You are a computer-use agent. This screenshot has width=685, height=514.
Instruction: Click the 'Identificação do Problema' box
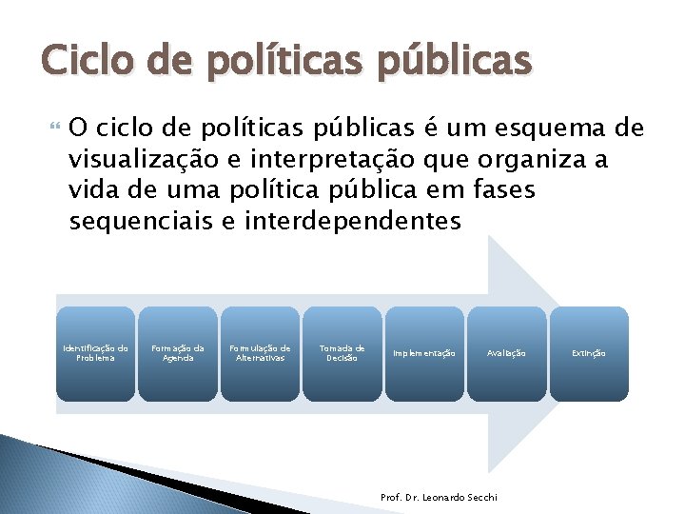[95, 353]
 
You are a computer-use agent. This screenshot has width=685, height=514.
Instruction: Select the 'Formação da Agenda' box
[178, 353]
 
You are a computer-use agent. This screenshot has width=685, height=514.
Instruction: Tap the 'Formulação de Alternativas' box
[260, 353]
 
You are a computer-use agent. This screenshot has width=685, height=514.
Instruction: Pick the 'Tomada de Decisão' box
[342, 353]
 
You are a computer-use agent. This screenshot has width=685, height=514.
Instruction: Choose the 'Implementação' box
[424, 353]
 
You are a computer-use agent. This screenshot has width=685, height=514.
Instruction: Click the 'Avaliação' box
[506, 353]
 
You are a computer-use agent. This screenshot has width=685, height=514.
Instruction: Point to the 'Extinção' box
[589, 353]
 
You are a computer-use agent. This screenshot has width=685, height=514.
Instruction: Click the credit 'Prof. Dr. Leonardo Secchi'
[439, 498]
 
